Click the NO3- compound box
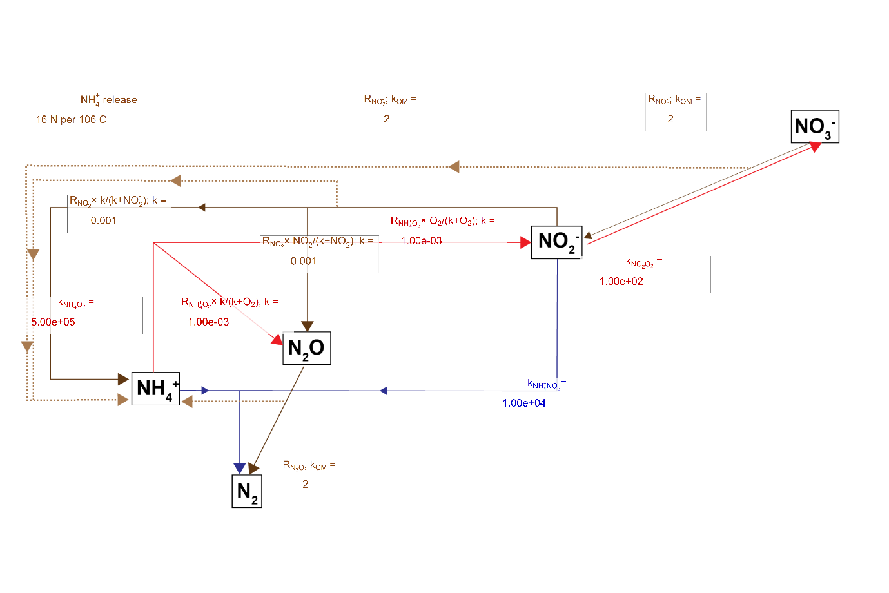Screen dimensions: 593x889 [x=815, y=126]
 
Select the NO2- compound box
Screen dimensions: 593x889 [x=556, y=242]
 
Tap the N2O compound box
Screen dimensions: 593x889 [x=307, y=348]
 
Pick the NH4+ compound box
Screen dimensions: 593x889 [x=155, y=389]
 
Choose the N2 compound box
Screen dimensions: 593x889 [x=247, y=491]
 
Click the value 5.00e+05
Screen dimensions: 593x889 [x=53, y=322]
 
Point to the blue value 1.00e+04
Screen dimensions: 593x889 [x=523, y=403]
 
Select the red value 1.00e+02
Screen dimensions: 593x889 [x=621, y=281]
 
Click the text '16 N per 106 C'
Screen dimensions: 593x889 [x=71, y=119]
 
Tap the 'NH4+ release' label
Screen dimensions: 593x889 [x=108, y=100]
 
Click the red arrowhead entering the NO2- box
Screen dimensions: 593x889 [x=525, y=242]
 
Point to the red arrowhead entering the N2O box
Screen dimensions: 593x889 [x=277, y=339]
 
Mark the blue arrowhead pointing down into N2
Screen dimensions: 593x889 [x=240, y=468]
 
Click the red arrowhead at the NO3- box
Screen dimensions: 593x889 [x=815, y=146]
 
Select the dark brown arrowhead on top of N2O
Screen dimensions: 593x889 [x=308, y=326]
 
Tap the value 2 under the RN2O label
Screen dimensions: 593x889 [x=306, y=484]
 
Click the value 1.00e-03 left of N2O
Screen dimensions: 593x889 [x=208, y=322]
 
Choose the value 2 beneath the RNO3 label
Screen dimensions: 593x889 [x=670, y=119]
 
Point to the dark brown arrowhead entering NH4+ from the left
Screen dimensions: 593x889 [x=123, y=379]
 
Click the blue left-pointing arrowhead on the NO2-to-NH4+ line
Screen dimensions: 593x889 [x=384, y=391]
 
